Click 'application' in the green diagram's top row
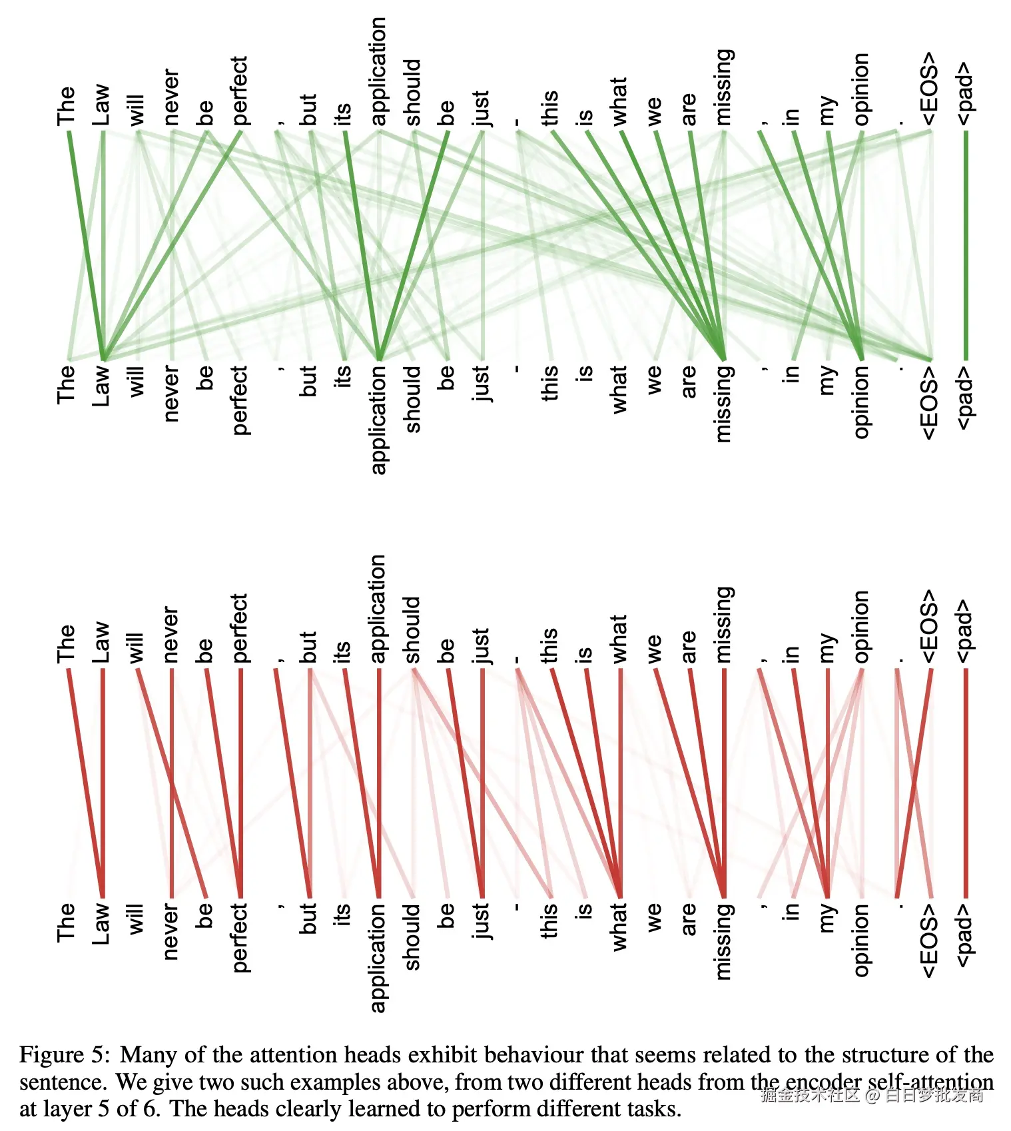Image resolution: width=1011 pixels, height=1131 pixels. pos(378,71)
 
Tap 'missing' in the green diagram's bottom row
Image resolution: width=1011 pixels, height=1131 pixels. pos(723,403)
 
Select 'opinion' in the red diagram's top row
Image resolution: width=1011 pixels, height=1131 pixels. pos(861,626)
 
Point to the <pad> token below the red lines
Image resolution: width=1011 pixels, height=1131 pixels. pos(965,935)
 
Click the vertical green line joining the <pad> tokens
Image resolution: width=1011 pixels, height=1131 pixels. pos(966,246)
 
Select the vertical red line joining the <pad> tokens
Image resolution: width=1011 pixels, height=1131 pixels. pos(966,783)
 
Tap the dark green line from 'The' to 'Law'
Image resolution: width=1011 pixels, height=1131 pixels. pos(86,246)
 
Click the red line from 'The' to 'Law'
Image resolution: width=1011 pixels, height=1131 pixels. pos(86,783)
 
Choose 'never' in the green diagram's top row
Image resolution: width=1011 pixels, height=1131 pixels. pos(171,97)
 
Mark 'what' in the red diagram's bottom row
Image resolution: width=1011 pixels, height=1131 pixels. pos(619,927)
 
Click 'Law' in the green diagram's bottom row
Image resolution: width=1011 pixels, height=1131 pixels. pos(101,384)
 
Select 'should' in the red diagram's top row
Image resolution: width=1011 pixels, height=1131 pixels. pos(412,630)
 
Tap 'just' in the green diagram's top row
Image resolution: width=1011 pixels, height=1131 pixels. pos(481,109)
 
